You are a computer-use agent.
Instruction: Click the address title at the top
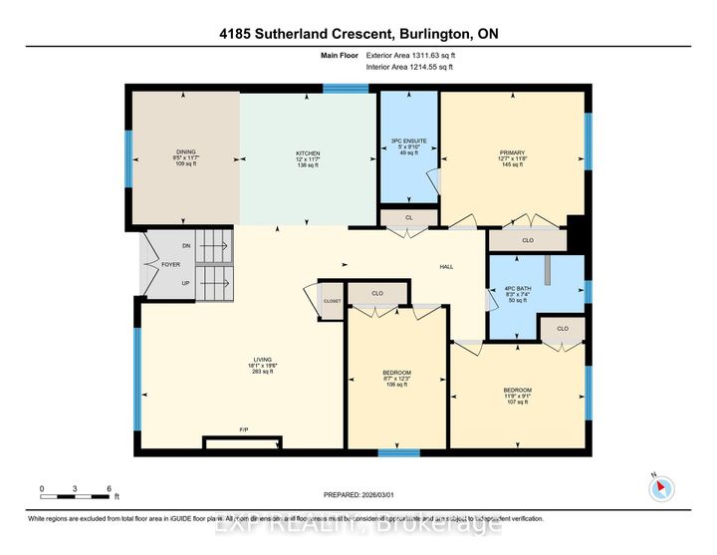click(358, 34)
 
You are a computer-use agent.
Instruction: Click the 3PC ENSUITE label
click(407, 141)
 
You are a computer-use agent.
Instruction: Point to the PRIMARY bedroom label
click(512, 151)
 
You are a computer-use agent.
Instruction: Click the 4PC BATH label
click(537, 289)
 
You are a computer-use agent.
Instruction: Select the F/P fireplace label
click(243, 429)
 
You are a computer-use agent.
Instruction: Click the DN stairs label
click(185, 246)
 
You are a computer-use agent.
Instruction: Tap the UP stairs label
click(185, 283)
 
